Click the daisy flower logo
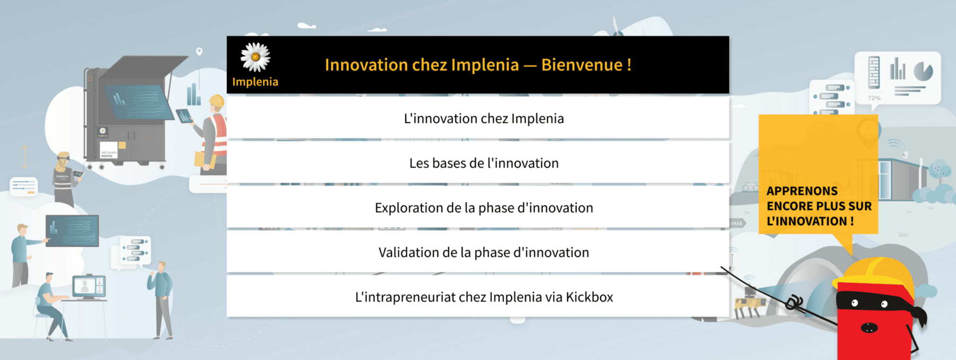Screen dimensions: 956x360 [x=255, y=57]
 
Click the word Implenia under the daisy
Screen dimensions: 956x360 [x=255, y=82]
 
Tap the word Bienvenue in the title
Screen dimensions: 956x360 [x=582, y=65]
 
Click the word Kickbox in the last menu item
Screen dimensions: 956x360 [x=590, y=297]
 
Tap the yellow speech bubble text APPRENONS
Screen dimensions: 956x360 [x=802, y=191]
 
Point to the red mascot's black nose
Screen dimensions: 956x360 [x=869, y=328]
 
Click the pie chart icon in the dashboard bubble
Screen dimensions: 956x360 [x=923, y=71]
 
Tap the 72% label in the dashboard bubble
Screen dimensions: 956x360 [x=874, y=98]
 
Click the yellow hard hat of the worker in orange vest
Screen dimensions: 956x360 [x=217, y=101]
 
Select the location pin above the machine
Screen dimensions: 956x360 [x=199, y=52]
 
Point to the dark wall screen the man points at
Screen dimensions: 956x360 [x=72, y=231]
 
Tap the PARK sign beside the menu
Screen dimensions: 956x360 [x=737, y=224]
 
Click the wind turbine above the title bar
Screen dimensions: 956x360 [x=617, y=27]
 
